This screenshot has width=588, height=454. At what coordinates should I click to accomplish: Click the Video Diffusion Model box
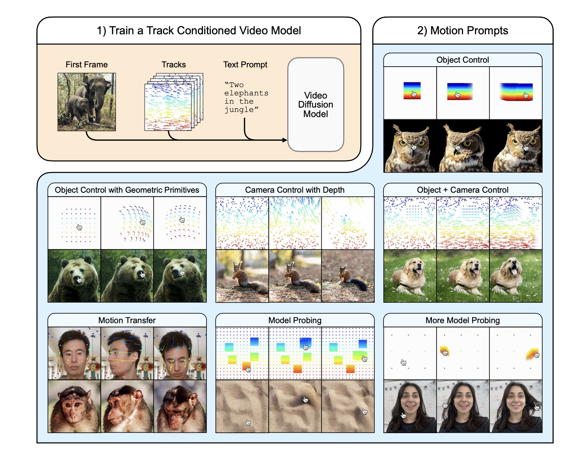coord(316,104)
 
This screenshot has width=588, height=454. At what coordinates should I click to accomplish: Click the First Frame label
coord(87,65)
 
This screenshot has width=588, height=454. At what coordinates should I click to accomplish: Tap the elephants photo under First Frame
coord(87,102)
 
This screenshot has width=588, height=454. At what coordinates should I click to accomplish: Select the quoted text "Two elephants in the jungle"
coord(246,97)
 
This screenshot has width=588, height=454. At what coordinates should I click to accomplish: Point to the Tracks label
coord(173,65)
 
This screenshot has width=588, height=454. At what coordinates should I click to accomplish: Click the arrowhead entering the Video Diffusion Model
coord(285,140)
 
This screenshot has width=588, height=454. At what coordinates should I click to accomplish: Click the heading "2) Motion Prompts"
coord(462,31)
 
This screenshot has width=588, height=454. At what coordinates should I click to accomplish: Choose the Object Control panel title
coord(462,60)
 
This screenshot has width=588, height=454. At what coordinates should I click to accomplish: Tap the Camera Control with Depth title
coord(294,190)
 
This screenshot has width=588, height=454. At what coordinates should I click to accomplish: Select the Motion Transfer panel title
coord(127,320)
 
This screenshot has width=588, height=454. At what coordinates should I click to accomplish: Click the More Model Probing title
coord(462,320)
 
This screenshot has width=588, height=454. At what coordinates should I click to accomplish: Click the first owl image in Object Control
coord(410,146)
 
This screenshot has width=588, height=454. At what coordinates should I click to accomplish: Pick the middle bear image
coord(127,276)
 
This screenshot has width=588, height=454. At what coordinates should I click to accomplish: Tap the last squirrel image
coord(348,276)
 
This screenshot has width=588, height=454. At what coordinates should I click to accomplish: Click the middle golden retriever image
coord(463,276)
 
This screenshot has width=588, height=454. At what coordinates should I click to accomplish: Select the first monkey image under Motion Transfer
coord(74,406)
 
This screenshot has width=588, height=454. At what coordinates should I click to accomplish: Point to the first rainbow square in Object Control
coord(412,90)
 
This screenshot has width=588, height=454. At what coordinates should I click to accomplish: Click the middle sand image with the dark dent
coord(295,406)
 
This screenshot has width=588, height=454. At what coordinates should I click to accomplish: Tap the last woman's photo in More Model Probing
coord(515,406)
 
